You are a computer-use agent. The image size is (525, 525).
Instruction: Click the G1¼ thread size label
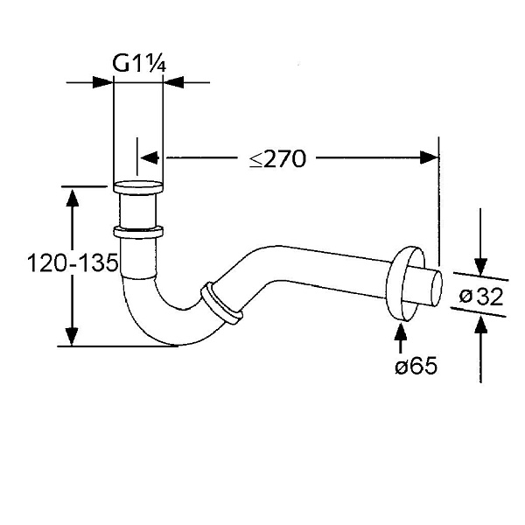[138, 63]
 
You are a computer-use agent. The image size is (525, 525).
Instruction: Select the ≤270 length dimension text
[276, 159]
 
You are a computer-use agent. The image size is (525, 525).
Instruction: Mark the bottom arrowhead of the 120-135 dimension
[73, 336]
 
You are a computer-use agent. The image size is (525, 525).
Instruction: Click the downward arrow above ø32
[479, 266]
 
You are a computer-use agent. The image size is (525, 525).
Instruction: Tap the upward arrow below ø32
[479, 325]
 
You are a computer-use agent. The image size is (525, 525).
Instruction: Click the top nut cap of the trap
[138, 187]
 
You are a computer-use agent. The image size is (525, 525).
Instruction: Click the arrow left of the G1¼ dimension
[104, 83]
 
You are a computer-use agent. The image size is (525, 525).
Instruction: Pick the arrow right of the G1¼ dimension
[173, 83]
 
